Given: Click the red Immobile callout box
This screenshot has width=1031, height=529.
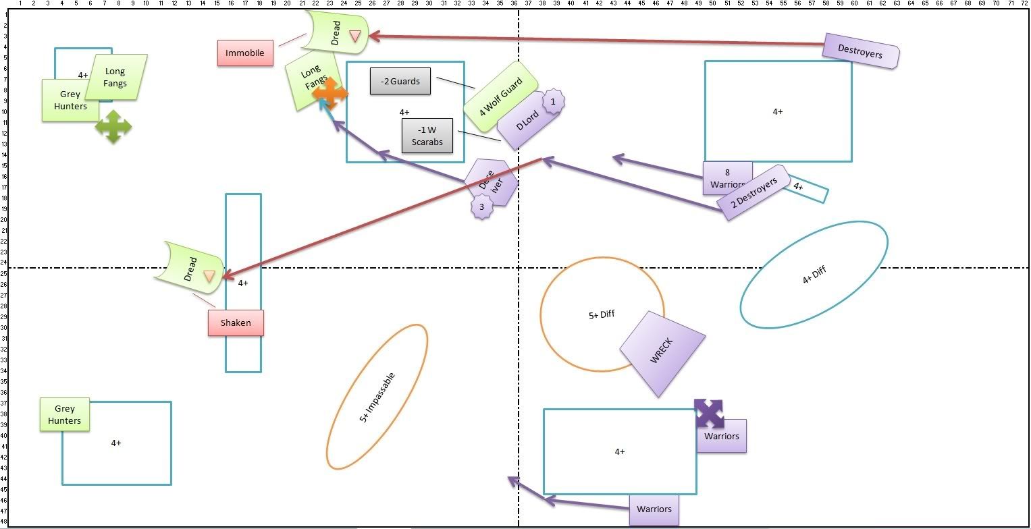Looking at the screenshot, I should [245, 53].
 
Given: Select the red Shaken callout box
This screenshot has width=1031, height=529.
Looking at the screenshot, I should [236, 323].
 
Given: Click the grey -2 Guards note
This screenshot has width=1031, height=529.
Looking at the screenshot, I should [400, 82].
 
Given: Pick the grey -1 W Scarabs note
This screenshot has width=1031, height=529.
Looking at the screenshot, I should [427, 136].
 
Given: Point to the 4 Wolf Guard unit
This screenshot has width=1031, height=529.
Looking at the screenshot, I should [500, 97].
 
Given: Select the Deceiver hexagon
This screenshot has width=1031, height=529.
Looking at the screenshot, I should [492, 182].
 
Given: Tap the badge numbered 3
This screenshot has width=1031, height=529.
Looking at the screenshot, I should [481, 207].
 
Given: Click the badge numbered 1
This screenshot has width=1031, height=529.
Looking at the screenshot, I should [553, 102].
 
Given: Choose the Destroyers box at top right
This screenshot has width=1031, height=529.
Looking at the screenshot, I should [861, 51].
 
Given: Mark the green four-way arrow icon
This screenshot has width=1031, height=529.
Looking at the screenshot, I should [113, 126].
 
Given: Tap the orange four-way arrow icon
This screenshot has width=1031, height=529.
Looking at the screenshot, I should [330, 94].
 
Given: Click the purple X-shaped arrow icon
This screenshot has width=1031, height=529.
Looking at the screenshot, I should [709, 414].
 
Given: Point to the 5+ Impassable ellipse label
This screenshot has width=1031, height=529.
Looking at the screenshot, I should [377, 397].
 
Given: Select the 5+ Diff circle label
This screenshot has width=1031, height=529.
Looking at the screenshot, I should [602, 314].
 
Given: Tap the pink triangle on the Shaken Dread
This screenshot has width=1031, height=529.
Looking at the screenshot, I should [209, 275].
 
